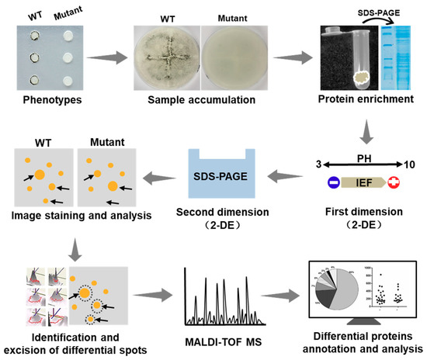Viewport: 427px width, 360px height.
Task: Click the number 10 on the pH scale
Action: click(x=409, y=164)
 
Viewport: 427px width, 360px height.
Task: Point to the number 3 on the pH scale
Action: click(x=293, y=164)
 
